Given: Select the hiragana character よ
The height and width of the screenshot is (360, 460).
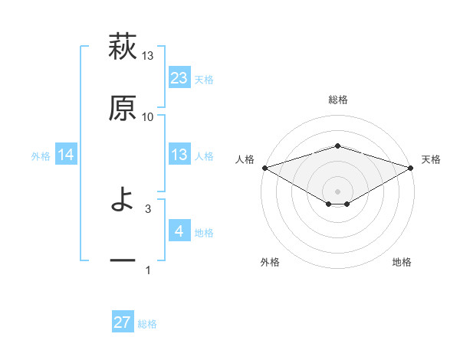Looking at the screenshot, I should (x=123, y=201).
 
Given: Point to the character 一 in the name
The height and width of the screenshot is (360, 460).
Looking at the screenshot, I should (x=123, y=261).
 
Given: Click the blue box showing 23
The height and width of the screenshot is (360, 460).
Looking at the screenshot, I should (x=179, y=78).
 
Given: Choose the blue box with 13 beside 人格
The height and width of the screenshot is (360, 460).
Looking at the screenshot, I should (x=179, y=155).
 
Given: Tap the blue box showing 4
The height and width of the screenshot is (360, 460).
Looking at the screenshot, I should (x=179, y=231).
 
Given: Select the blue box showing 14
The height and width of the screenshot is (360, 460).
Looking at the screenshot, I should (x=66, y=155).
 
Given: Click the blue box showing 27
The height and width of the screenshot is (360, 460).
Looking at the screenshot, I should (x=123, y=322).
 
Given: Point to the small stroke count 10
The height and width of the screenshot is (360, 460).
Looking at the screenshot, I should (x=148, y=116).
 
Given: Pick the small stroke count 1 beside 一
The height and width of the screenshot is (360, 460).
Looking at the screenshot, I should (x=148, y=270).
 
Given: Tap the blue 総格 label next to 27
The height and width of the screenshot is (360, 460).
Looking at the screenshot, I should (x=147, y=324).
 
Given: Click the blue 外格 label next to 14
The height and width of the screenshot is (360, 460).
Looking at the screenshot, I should (x=41, y=156).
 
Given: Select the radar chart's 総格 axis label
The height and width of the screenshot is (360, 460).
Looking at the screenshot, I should (x=337, y=100).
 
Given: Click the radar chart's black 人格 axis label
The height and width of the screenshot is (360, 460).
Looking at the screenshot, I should (x=245, y=159).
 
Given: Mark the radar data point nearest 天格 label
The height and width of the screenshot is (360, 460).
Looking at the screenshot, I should (x=411, y=167).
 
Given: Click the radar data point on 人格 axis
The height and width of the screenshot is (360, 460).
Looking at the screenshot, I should (x=264, y=167).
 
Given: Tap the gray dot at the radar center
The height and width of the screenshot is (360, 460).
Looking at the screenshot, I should (x=337, y=191).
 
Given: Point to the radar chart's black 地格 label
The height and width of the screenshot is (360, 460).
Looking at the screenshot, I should (x=402, y=262).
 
